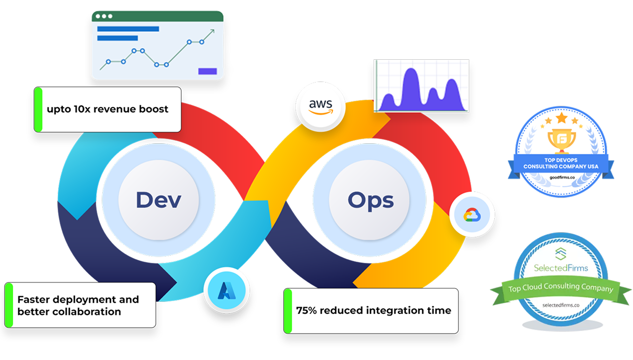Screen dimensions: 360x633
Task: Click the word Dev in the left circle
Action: click(158, 199)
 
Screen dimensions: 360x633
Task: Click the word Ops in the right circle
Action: click(370, 201)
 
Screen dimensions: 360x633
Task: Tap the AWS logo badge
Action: click(321, 107)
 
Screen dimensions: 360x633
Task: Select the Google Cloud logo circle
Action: click(471, 215)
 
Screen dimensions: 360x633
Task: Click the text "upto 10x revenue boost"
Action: click(107, 109)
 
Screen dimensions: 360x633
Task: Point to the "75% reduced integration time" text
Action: click(373, 310)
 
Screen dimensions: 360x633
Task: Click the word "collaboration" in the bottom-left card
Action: click(69, 312)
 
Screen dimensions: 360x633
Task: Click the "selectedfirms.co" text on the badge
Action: click(561, 305)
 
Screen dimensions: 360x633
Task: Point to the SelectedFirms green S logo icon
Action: click(560, 253)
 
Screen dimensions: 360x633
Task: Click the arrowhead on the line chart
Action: click(211, 32)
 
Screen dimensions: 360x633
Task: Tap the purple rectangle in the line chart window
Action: click(207, 71)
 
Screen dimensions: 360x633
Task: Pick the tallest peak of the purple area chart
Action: click(412, 71)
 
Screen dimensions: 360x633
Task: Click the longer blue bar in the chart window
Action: click(128, 29)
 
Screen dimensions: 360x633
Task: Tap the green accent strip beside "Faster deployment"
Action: click(9, 305)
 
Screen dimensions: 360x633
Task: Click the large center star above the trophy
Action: click(561, 118)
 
